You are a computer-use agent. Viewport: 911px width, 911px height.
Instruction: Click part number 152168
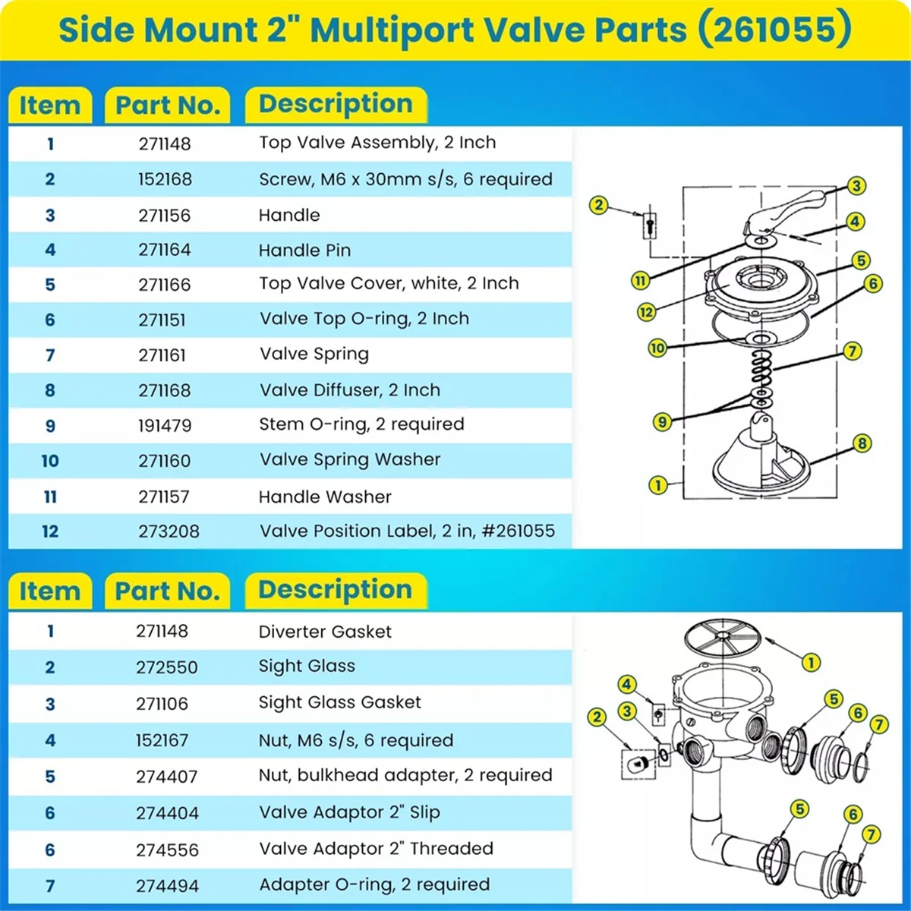click(165, 180)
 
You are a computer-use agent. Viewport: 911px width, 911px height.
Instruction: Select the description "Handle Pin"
click(304, 251)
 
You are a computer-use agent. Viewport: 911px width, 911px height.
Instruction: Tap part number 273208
click(169, 531)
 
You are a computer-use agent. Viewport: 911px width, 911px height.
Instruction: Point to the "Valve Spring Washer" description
click(350, 460)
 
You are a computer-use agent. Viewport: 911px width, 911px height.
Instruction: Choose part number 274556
click(167, 850)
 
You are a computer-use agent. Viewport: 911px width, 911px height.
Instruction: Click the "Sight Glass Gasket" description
click(339, 703)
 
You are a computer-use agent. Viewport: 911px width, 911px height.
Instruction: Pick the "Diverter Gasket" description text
click(325, 632)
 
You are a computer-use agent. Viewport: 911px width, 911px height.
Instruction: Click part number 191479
click(165, 426)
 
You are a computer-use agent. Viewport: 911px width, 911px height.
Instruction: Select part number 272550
click(167, 668)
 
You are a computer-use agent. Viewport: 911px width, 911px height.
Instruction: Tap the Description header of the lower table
click(336, 591)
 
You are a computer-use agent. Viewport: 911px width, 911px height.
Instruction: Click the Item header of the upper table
click(49, 105)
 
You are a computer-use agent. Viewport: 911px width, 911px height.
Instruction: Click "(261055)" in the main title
click(774, 30)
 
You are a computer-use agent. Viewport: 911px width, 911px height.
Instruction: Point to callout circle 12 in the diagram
click(646, 311)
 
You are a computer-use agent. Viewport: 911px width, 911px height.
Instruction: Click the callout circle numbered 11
click(641, 280)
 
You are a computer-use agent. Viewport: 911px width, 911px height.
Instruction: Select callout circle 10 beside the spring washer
click(657, 348)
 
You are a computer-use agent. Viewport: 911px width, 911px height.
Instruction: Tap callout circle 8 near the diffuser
click(862, 443)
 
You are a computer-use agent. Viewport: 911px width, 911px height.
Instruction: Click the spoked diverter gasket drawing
click(721, 636)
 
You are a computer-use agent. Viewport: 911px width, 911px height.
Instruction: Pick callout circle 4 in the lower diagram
click(626, 685)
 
